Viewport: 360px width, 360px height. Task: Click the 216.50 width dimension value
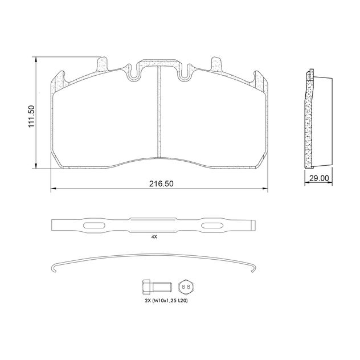pyautogui.click(x=161, y=183)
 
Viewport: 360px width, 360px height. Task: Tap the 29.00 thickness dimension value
pyautogui.click(x=319, y=178)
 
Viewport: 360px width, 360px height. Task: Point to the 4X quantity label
pyautogui.click(x=154, y=236)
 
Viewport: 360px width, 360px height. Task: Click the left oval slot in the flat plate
pyautogui.click(x=93, y=226)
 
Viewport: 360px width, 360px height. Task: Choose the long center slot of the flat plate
pyautogui.click(x=153, y=220)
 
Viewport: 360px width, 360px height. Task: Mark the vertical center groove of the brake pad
pyautogui.click(x=159, y=111)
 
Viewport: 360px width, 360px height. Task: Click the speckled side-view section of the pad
pyautogui.click(x=309, y=120)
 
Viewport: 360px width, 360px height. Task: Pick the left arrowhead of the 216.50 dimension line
pyautogui.click(x=53, y=189)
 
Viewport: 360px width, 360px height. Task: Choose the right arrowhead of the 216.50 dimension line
pyautogui.click(x=266, y=189)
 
